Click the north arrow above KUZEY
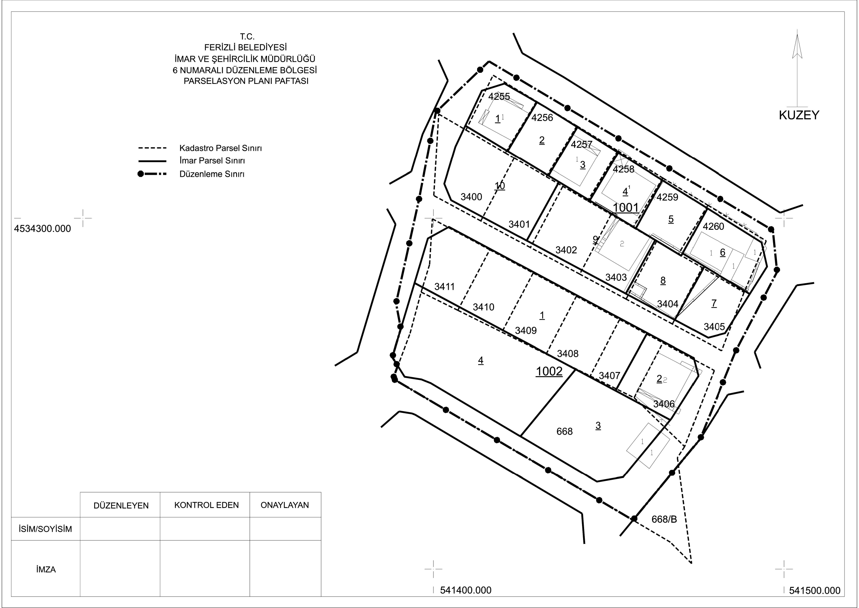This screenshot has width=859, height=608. (x=797, y=69)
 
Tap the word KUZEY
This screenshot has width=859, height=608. (x=799, y=115)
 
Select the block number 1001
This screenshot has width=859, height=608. (x=626, y=207)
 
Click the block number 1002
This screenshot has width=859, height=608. (x=549, y=371)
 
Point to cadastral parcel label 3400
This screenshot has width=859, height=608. (x=471, y=197)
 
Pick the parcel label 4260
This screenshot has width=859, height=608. (x=714, y=226)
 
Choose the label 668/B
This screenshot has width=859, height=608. (x=664, y=519)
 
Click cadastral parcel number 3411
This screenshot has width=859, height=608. (x=445, y=287)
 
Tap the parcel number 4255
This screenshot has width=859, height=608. (x=499, y=96)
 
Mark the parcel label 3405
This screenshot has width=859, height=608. (x=714, y=327)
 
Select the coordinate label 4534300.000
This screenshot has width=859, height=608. (x=42, y=228)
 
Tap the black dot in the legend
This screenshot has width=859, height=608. (x=141, y=174)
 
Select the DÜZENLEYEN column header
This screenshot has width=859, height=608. (x=121, y=505)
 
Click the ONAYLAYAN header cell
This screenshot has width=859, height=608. (x=285, y=505)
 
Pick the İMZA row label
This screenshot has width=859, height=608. (x=46, y=570)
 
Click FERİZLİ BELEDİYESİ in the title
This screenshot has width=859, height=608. (x=245, y=47)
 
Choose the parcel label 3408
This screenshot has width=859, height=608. (x=567, y=354)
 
